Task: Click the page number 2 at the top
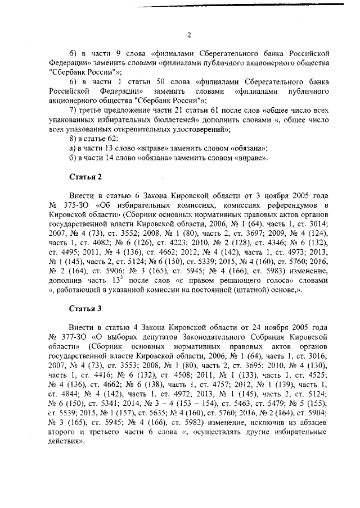click(x=189, y=34)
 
